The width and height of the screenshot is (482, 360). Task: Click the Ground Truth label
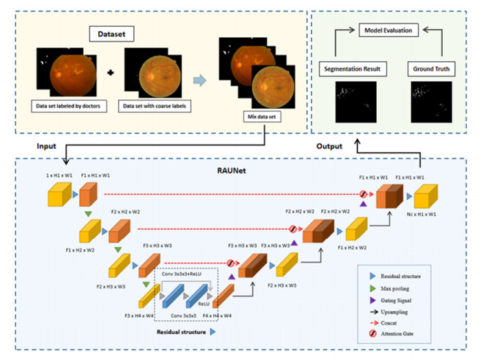click(428, 70)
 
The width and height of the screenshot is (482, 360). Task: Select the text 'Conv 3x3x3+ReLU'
click(183, 274)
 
